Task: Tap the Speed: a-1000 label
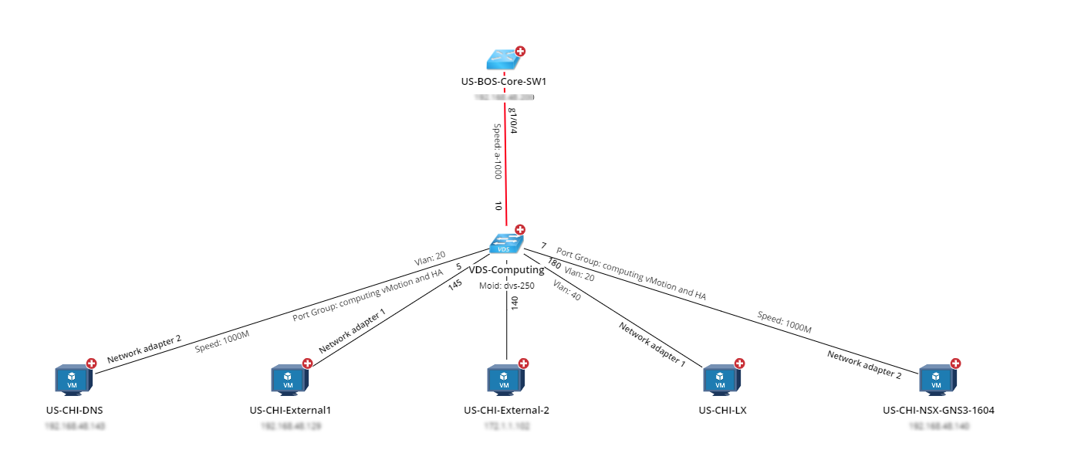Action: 498,151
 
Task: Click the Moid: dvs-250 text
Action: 507,286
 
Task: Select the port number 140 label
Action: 514,303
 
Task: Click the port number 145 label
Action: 455,285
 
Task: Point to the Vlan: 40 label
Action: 566,290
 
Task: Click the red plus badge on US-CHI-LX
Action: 739,363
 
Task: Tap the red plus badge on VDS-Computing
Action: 520,229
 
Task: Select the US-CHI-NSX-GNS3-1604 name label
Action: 938,410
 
